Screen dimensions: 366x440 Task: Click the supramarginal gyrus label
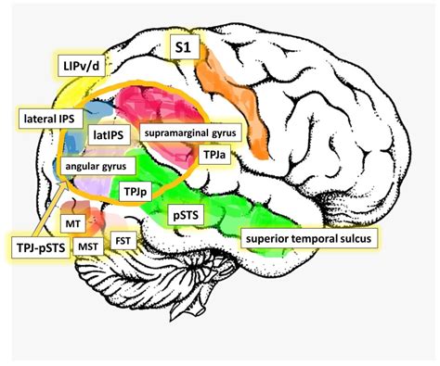tap(192, 133)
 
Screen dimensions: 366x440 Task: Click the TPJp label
tap(135, 191)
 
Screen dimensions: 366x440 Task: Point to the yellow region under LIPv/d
tap(65, 97)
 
